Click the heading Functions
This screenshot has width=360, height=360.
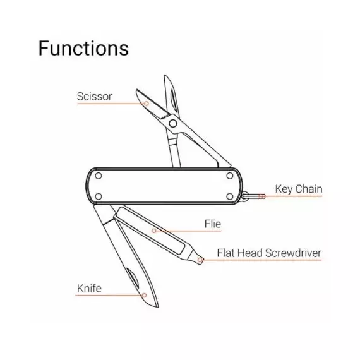click(83, 48)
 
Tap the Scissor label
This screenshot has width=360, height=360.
click(94, 97)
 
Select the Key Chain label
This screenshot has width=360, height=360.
click(299, 189)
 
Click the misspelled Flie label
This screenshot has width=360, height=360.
click(213, 224)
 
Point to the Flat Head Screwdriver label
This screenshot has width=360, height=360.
click(269, 253)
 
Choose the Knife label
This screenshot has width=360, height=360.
click(89, 289)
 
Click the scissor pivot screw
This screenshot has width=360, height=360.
click(173, 124)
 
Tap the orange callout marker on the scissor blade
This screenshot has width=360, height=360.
click(147, 104)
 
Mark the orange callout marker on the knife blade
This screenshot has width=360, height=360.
click(144, 295)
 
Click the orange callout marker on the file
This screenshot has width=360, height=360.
click(154, 231)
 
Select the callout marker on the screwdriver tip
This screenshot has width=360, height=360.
click(200, 260)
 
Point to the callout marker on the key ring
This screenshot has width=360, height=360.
click(261, 196)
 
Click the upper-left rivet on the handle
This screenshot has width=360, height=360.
click(99, 176)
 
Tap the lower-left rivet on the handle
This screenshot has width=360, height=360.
click(99, 196)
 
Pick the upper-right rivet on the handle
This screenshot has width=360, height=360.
click(230, 176)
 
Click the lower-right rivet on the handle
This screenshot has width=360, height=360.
click(230, 196)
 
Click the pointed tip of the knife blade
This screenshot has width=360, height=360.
click(158, 307)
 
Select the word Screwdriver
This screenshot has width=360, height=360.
click(293, 253)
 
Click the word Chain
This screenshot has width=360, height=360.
click(309, 189)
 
